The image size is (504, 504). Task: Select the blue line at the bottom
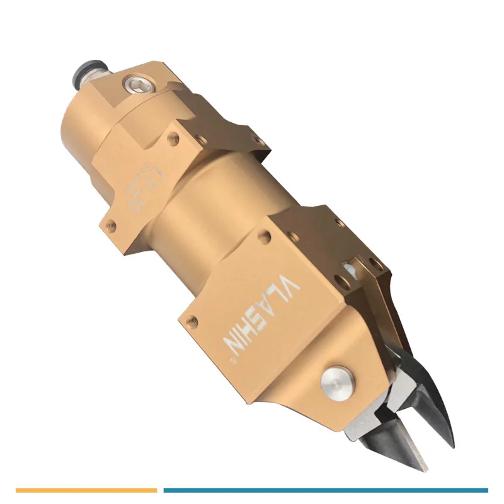coord(325,490)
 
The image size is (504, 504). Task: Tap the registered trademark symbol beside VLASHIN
coord(231,362)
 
